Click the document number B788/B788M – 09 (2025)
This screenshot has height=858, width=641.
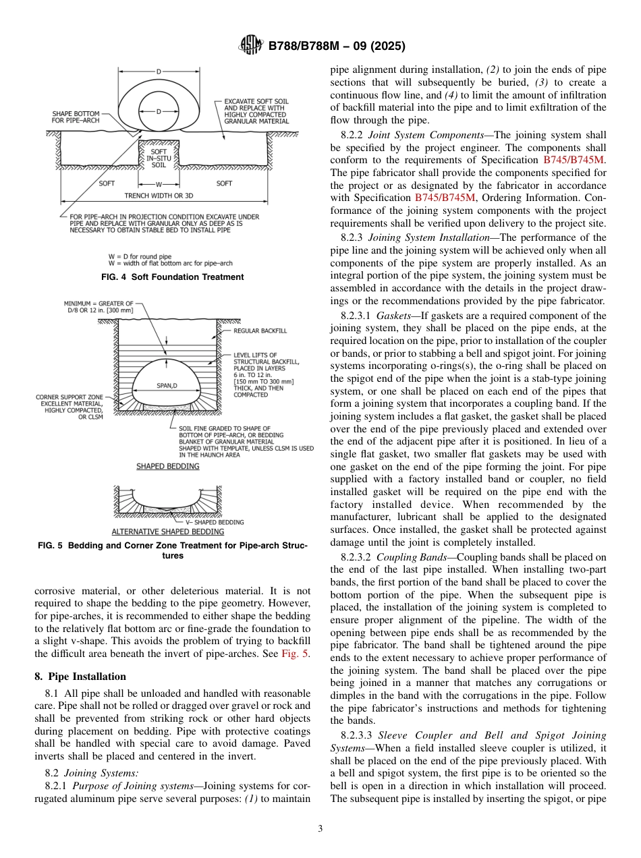(x=336, y=47)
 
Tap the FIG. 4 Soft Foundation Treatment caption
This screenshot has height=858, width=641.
(x=172, y=277)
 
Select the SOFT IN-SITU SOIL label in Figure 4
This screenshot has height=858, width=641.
(x=159, y=158)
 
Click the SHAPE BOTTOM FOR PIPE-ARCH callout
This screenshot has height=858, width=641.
(x=79, y=117)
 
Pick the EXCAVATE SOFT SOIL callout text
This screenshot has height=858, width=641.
(x=256, y=111)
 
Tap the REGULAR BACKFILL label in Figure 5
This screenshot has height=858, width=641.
(x=260, y=331)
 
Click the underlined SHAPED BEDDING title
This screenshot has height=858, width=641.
(x=159, y=466)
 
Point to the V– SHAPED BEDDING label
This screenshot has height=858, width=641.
(x=215, y=522)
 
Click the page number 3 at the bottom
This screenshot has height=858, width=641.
(x=320, y=829)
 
